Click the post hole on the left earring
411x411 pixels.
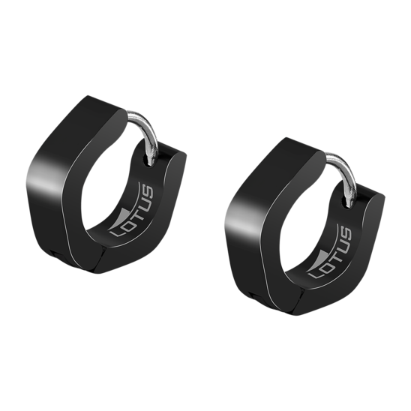pyautogui.click(x=146, y=159)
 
